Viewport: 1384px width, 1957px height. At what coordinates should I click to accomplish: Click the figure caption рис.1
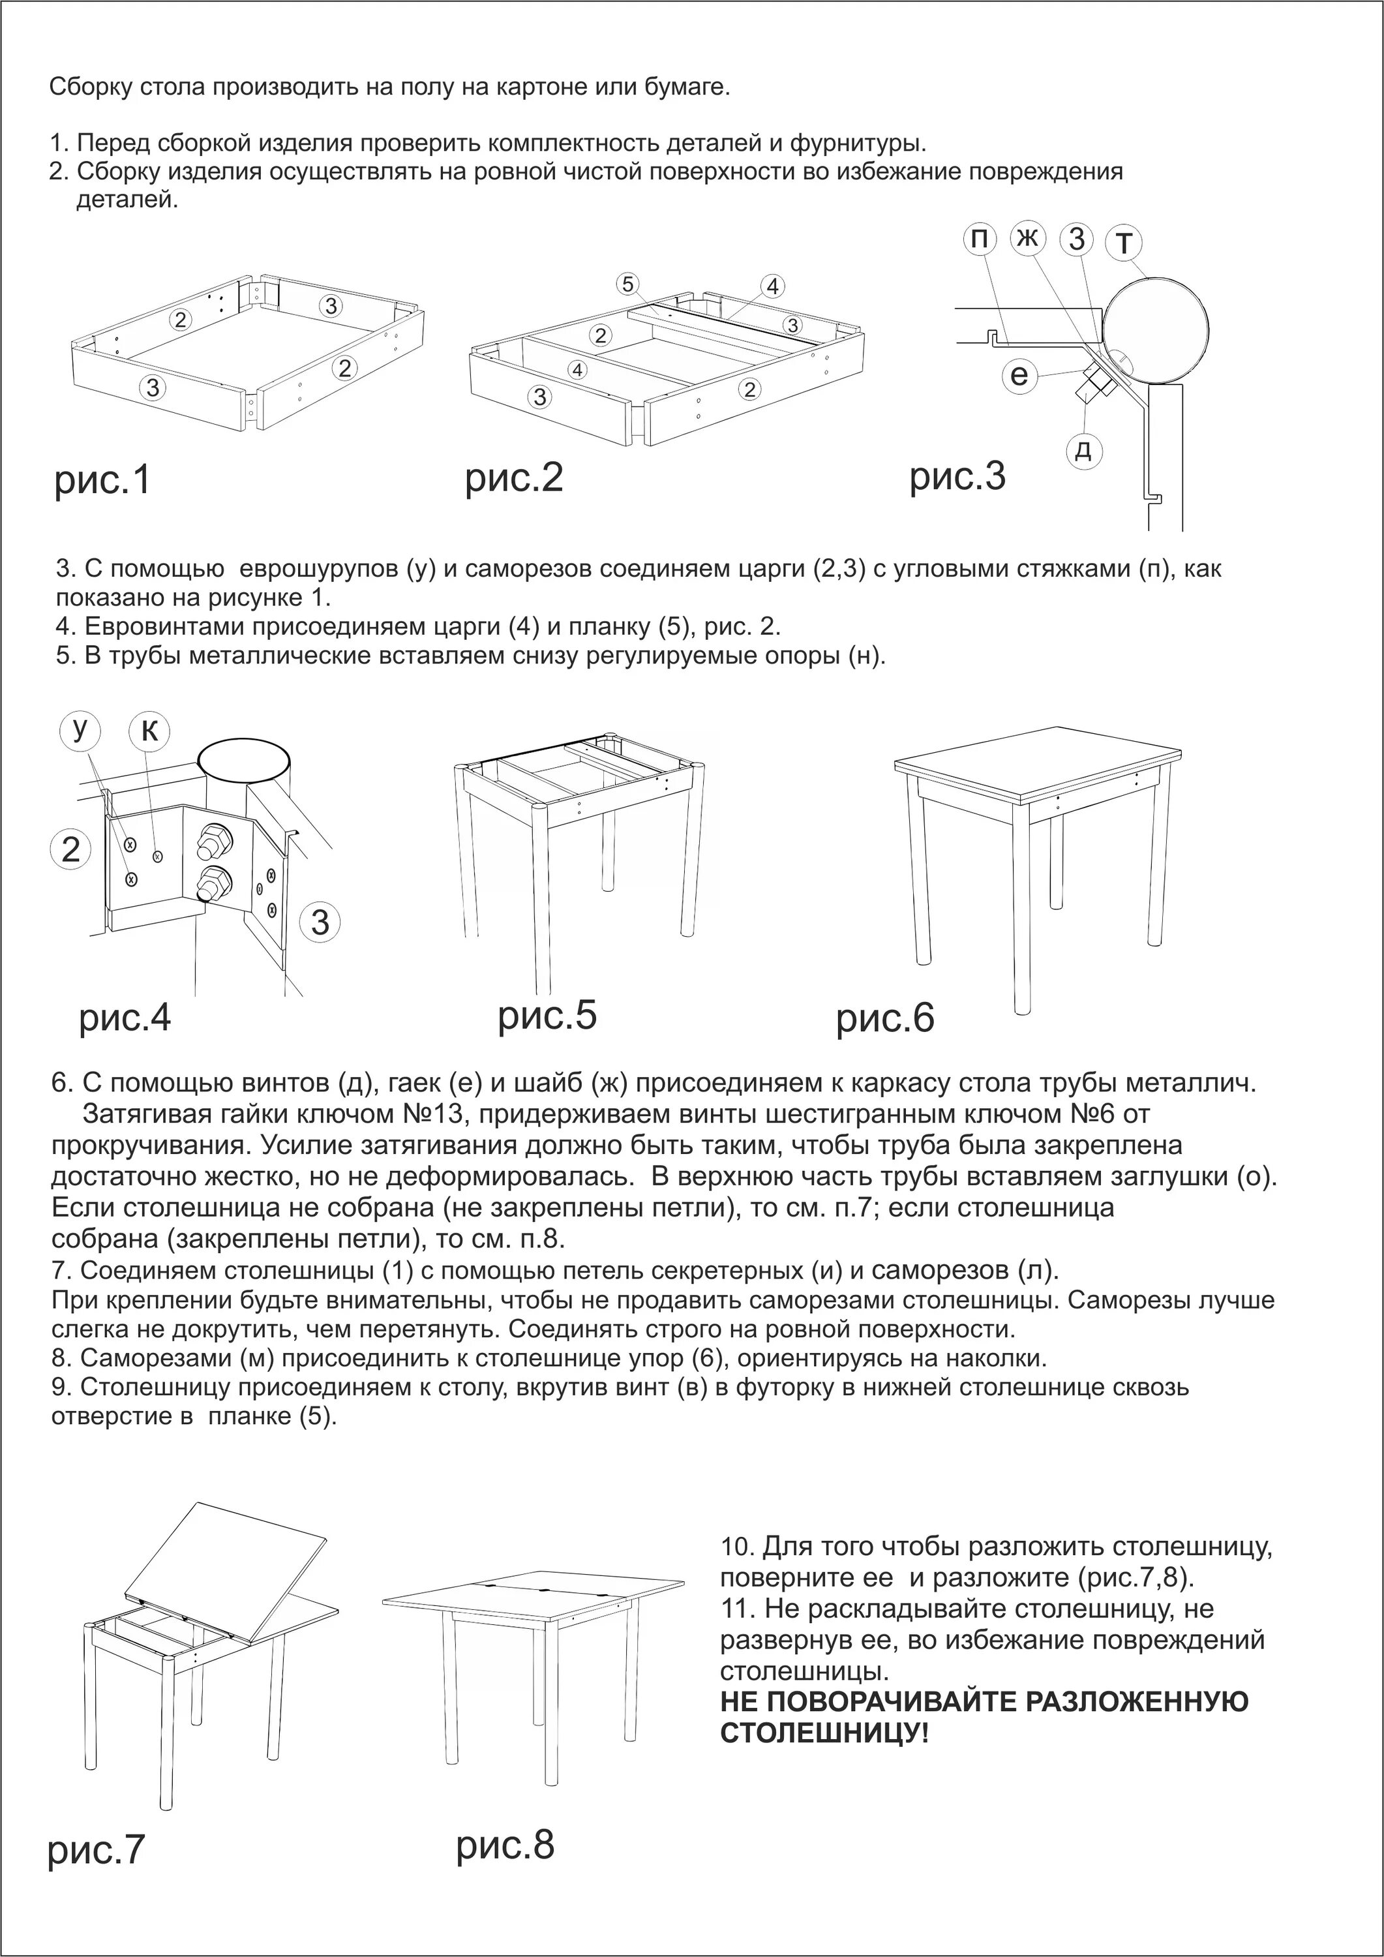pos(102,481)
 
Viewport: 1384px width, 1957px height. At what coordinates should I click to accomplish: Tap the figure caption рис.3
pos(957,476)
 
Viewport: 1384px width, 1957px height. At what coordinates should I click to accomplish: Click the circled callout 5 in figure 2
pos(627,284)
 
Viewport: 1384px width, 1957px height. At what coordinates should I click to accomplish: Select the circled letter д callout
pos(1084,449)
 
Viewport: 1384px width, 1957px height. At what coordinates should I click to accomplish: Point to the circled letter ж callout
pos(1029,239)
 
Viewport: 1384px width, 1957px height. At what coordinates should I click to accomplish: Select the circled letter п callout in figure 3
pos(981,239)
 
